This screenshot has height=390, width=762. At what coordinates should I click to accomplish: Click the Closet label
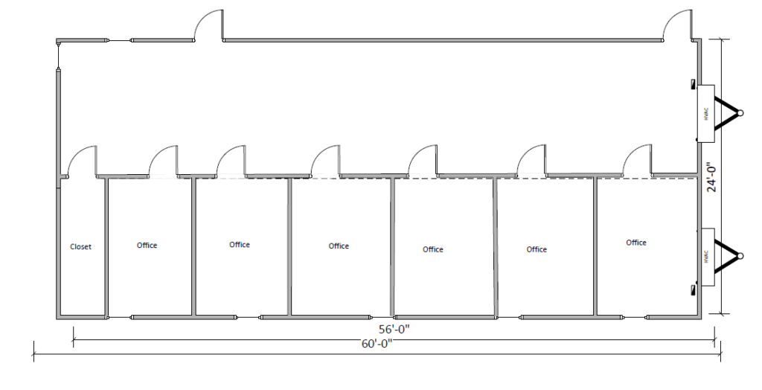coord(80,247)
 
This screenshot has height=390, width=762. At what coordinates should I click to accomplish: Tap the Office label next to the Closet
coord(147,246)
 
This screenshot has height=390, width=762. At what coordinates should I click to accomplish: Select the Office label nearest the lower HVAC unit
coord(636,243)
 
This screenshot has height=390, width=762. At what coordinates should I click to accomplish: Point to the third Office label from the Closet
coord(339,246)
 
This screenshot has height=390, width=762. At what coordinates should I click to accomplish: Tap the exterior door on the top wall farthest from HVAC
coord(209,25)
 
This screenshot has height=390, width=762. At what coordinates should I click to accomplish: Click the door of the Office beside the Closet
coord(164,160)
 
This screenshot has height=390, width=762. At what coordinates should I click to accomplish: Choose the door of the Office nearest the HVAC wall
coord(638,160)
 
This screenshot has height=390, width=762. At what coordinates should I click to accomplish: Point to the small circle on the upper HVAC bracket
coord(739,113)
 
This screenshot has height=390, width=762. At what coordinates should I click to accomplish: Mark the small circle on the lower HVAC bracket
coord(739,255)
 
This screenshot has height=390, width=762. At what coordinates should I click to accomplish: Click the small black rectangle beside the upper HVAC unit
coord(693,83)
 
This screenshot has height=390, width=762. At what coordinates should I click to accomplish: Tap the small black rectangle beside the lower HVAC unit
coord(693,287)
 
